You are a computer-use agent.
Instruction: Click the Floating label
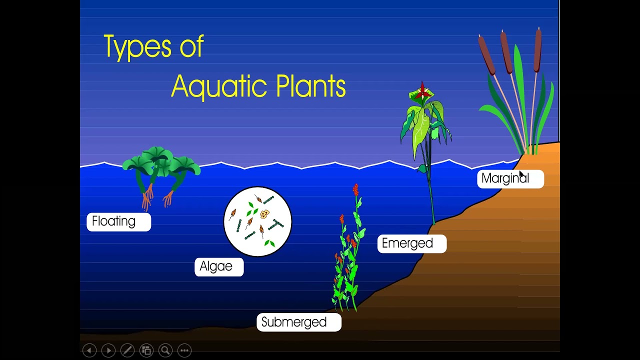[118, 221]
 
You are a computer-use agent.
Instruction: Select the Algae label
[218, 266]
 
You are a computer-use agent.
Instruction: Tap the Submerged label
[298, 322]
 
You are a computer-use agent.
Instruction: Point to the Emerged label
[411, 243]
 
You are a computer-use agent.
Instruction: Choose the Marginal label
[510, 178]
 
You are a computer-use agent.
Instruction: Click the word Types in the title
[134, 47]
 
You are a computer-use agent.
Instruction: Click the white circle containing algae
[257, 221]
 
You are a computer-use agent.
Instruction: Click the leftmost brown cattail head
[486, 55]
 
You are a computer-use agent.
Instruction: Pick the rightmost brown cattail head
[537, 50]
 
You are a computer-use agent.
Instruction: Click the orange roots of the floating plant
[148, 200]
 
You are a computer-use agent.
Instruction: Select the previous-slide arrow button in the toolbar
[89, 350]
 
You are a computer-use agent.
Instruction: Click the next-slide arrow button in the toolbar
[108, 350]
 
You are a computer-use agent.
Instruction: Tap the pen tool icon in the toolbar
[127, 350]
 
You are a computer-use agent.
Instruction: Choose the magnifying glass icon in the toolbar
[165, 350]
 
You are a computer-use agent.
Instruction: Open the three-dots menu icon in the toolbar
[184, 350]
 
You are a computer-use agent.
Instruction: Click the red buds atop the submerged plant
[355, 190]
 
